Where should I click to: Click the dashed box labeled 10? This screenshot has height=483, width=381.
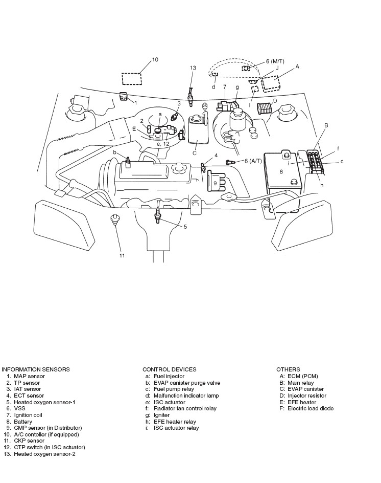point(132,79)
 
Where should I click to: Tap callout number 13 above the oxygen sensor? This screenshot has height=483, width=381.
point(193,68)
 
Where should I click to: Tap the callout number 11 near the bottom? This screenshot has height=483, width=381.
point(122,255)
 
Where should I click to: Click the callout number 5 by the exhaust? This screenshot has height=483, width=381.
point(185,226)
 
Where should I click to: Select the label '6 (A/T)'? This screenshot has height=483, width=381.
point(253,161)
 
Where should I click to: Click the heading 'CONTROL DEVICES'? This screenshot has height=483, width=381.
point(169,369)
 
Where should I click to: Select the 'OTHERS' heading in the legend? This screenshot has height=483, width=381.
point(288,369)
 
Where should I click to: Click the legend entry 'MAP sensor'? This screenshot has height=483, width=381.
point(29,376)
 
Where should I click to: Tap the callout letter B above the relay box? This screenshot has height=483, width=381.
point(326,125)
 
